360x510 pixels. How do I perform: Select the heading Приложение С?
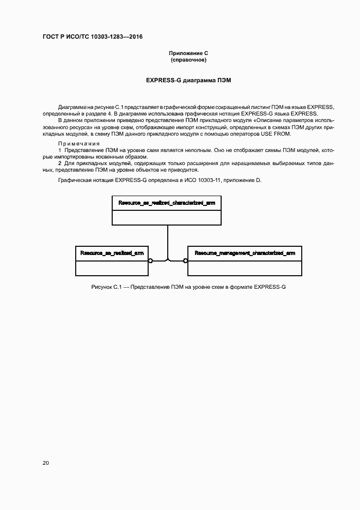point(188,53)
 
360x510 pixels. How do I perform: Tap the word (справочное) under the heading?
point(188,60)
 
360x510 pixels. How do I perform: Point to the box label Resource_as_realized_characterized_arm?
point(167,203)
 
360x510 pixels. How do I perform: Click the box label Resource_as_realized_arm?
point(112,253)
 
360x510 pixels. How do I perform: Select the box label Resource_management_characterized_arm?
point(245,253)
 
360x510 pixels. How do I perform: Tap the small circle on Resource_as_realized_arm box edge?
point(150,261)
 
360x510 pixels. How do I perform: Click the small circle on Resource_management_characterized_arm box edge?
point(185,261)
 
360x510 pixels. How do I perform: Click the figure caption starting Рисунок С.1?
point(188,287)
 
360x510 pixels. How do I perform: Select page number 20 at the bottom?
point(46,463)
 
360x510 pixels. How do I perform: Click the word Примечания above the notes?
point(76,142)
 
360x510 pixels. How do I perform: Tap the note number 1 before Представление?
point(60,149)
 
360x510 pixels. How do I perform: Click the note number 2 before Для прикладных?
point(60,163)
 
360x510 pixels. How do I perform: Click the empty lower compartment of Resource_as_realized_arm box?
point(112,268)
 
